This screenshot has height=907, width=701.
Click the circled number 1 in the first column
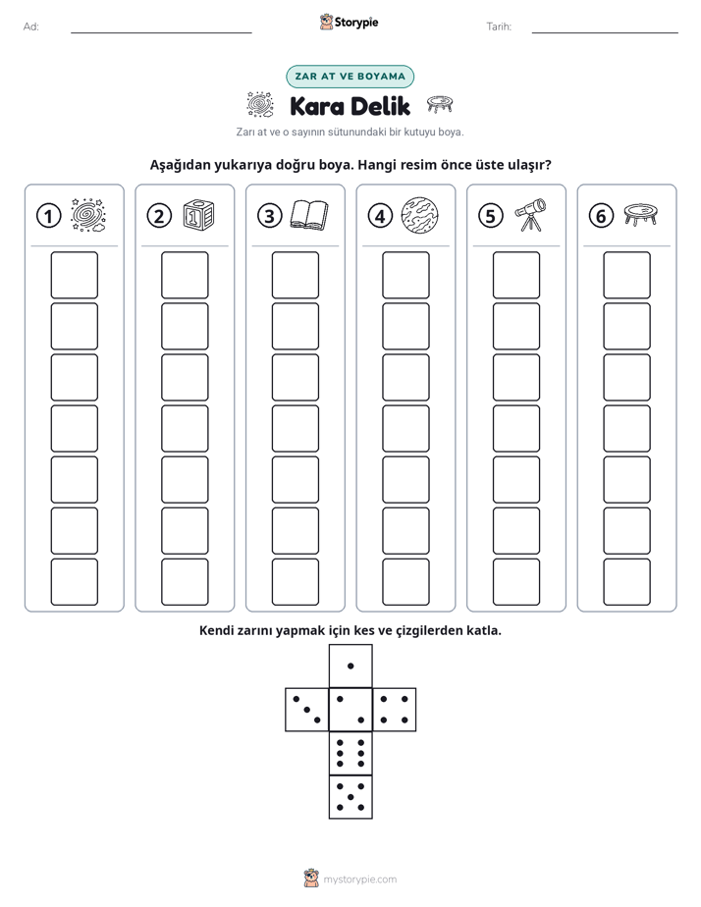coord(48,216)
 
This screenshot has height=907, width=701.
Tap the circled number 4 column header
coord(380,216)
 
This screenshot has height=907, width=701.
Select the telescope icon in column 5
coord(530,215)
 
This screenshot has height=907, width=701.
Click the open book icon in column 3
coord(309,215)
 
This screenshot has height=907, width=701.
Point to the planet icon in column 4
coord(419,215)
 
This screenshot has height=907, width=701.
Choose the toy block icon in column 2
coord(198,215)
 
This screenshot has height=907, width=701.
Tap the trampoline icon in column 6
coord(641,214)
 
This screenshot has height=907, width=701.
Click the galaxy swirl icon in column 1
coord(88,215)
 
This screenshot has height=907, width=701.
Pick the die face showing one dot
coord(350,666)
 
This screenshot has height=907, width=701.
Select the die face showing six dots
coord(350,753)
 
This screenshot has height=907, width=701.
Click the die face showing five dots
coord(350,796)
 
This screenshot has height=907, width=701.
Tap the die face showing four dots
coord(395,709)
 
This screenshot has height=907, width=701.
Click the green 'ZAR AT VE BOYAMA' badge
coord(350,77)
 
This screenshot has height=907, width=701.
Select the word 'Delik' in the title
coord(380,106)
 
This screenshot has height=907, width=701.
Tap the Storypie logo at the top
coord(349,23)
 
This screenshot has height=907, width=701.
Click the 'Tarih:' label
coord(499,27)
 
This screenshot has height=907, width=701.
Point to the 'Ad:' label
coord(31,27)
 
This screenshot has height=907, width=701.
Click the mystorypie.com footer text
coord(359,880)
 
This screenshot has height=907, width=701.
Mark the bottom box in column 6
coord(626,581)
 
